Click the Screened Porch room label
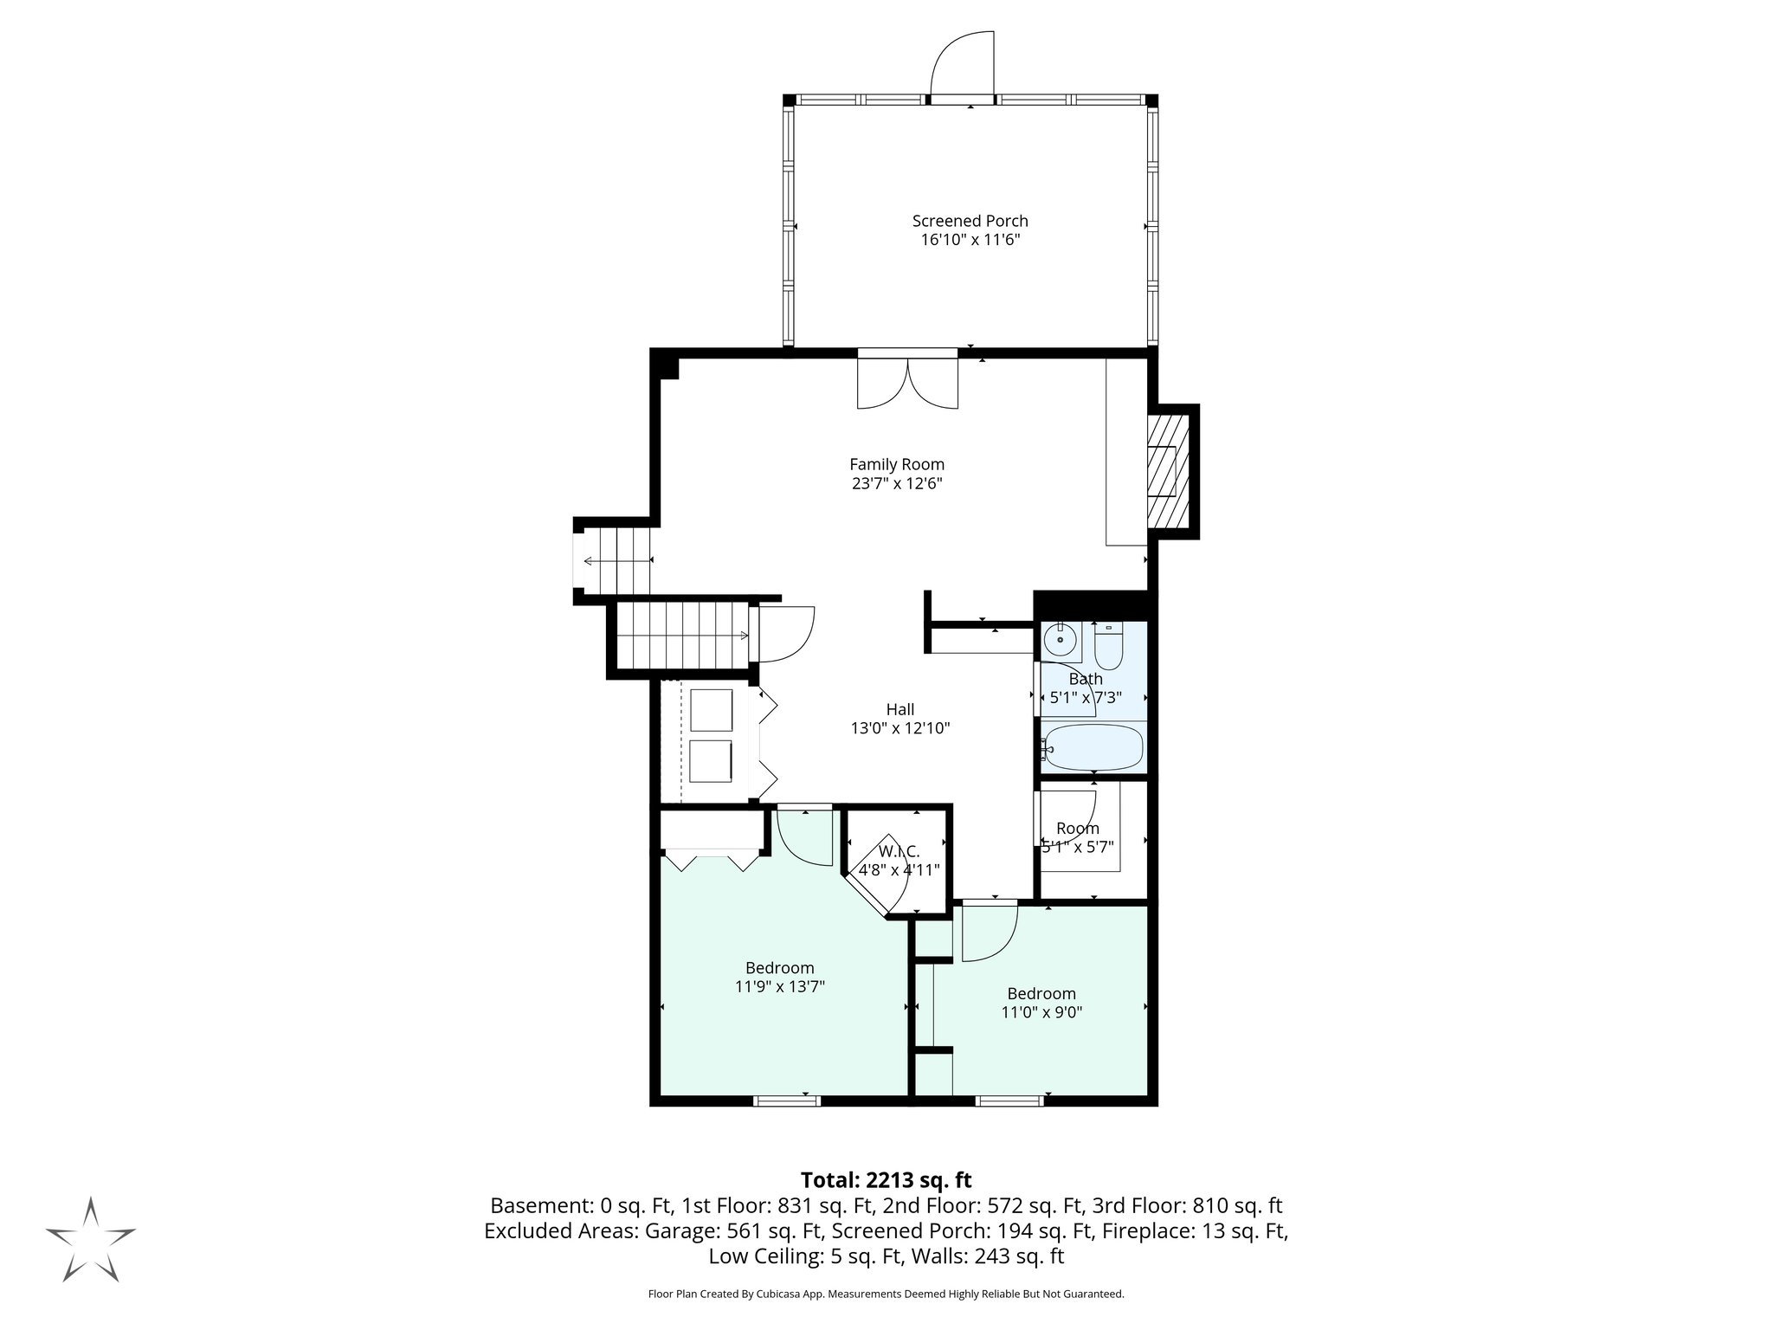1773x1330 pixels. coord(970,221)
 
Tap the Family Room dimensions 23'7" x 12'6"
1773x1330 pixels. coord(896,484)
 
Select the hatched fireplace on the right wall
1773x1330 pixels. coord(1168,472)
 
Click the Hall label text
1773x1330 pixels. coord(900,710)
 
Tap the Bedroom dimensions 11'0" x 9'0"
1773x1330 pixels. coord(1041,1011)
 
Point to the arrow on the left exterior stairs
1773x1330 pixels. coord(616,561)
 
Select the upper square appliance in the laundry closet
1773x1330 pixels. coord(712,710)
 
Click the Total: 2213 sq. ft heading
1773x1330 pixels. coord(886,1180)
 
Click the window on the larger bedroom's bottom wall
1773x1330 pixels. coord(786,1101)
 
